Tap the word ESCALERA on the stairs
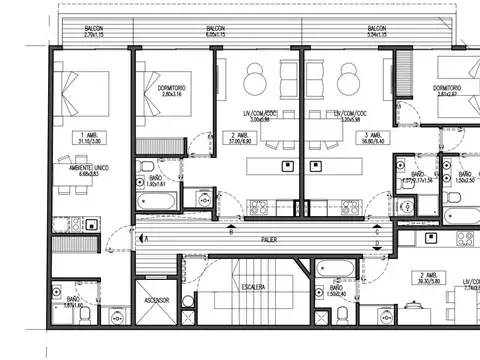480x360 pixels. coord(252,287)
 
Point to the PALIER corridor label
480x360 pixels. coord(269,240)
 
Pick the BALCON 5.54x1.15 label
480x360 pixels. coord(377,32)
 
